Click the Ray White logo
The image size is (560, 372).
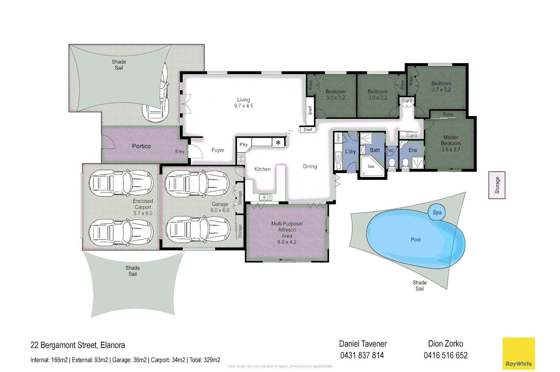coord(518,354)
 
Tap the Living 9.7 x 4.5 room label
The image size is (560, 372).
coord(243,103)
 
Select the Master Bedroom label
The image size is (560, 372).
coord(451,143)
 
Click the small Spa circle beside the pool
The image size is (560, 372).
coord(437,213)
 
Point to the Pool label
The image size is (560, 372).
coord(415,240)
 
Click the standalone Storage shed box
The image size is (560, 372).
coord(497,185)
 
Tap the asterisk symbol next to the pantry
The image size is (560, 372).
coord(278,143)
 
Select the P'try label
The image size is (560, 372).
coord(243,145)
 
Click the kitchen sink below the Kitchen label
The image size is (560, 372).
coord(266,197)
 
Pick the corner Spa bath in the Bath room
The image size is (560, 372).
coord(371,167)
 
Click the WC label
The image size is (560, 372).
coord(391,151)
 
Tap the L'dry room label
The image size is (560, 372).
coord(350,152)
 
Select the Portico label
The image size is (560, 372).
coord(141,146)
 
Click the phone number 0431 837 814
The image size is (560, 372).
coord(362,355)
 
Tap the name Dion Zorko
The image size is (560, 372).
coord(445,344)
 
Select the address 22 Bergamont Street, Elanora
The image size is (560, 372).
coord(77,345)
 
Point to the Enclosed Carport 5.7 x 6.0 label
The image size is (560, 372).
coord(143,207)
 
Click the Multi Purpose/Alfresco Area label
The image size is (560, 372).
coord(287,232)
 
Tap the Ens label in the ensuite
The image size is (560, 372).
coord(413,150)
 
